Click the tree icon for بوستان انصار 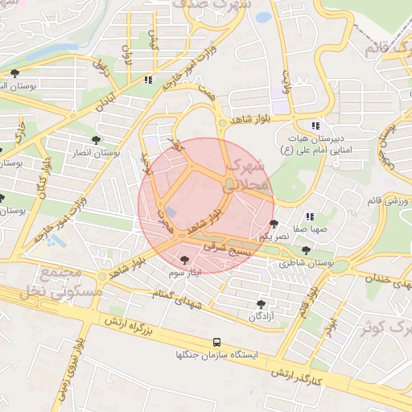(96, 140)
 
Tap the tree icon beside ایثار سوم (186, 260)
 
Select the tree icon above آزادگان (260, 303)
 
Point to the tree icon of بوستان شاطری (305, 250)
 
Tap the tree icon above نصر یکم (274, 224)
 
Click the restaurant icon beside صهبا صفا (310, 216)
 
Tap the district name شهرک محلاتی (246, 175)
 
